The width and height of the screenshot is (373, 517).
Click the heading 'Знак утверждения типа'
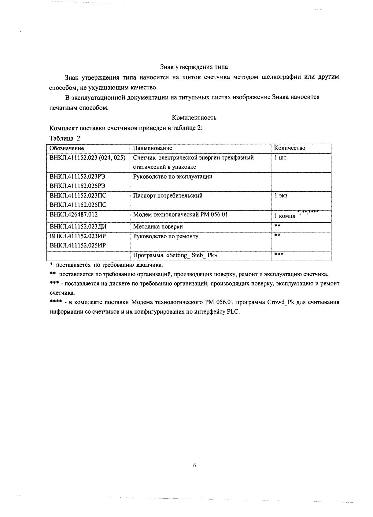click(x=194, y=67)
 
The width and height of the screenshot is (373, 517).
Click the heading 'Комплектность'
click(x=194, y=118)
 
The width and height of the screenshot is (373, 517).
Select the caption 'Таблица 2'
click(x=65, y=138)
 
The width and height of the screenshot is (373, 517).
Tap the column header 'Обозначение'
click(x=67, y=148)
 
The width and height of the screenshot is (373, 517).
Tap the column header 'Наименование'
click(x=153, y=148)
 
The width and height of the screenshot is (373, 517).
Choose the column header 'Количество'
click(x=290, y=148)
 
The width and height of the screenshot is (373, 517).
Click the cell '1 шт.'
click(x=281, y=158)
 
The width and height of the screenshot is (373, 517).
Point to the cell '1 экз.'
click(x=282, y=196)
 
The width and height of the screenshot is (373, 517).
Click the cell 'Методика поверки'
click(x=158, y=227)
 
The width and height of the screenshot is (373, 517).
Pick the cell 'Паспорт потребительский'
click(x=168, y=196)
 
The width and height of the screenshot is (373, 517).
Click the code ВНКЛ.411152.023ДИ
click(x=78, y=227)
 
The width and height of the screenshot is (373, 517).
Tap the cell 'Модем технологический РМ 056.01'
click(x=180, y=215)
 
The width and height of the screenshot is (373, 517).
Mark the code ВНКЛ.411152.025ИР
click(x=78, y=246)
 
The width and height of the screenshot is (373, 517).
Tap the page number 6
click(x=194, y=466)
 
